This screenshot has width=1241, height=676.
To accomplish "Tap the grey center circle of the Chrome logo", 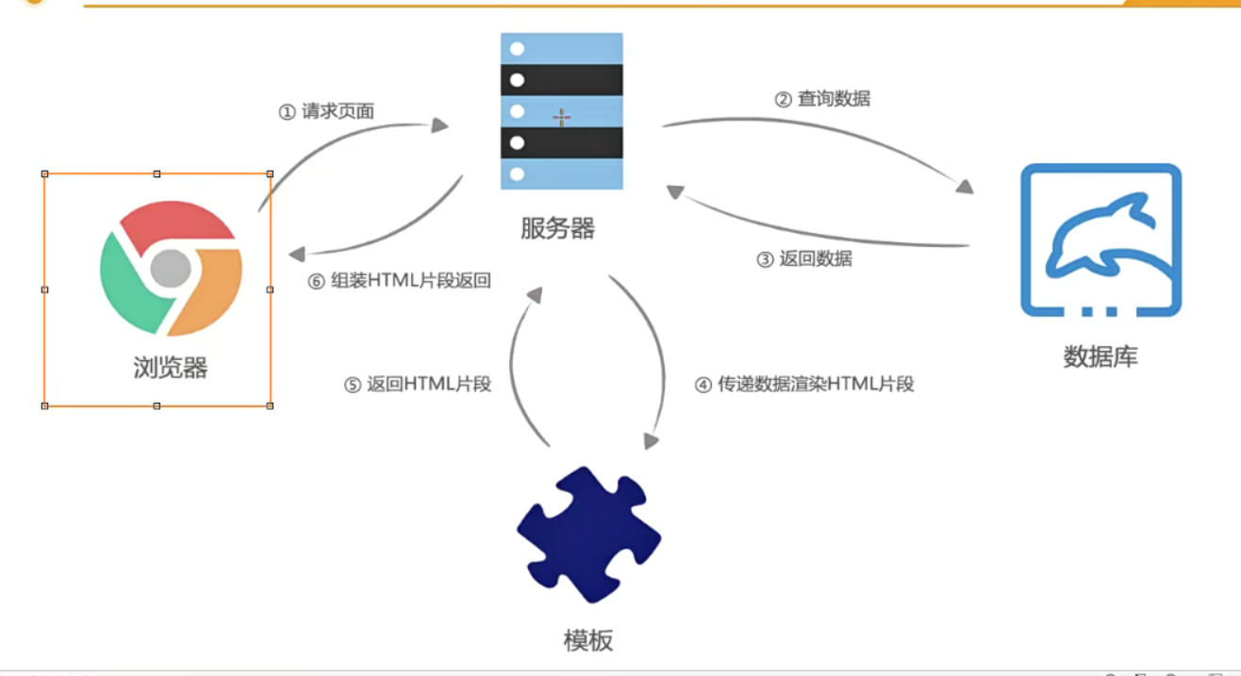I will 171,269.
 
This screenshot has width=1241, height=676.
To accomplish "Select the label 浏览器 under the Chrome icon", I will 171,367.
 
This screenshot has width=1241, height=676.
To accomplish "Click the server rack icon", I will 561,111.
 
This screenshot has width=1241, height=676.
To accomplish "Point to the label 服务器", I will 557,228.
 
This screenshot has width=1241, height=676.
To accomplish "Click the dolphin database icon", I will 1100,240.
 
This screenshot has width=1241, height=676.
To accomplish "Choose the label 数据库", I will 1100,356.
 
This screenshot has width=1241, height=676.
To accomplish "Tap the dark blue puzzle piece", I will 588,535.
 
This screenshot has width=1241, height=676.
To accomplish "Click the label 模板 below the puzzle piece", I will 588,641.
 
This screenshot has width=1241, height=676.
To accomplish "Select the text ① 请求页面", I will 326,111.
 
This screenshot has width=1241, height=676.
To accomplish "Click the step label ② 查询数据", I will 822,98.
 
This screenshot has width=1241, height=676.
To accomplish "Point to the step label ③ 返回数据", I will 804,259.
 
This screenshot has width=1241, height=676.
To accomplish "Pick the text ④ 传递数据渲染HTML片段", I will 804,385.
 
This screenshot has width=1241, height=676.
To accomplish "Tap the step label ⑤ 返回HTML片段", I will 418,385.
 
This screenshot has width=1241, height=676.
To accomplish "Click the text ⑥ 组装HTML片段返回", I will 399,281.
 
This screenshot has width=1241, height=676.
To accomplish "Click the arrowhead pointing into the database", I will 964,187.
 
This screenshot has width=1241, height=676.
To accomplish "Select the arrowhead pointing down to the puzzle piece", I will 650,440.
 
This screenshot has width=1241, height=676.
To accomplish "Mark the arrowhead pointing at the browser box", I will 297,254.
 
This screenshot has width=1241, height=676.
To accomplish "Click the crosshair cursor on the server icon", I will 561,118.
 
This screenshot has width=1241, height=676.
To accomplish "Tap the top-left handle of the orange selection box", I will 44,173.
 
